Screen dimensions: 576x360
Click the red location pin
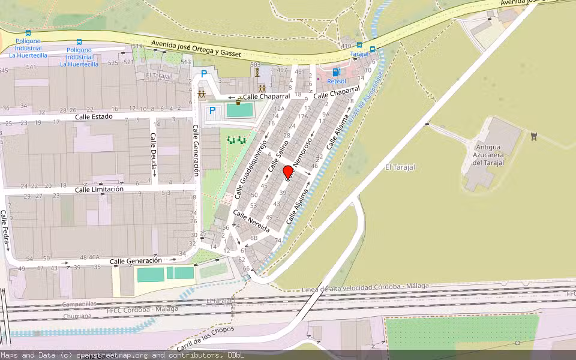287,172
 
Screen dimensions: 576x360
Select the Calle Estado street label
94,116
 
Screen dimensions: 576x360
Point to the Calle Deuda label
153,154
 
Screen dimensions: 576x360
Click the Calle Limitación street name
99,189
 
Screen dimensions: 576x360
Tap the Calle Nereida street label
251,221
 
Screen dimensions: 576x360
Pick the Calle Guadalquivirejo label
250,171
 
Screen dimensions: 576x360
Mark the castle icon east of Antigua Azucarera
533,136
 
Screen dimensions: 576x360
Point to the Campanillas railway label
79,304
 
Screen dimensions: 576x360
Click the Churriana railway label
76,316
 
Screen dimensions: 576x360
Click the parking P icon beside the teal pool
212,110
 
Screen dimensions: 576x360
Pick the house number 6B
253,238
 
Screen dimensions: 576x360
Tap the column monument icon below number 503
257,72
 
